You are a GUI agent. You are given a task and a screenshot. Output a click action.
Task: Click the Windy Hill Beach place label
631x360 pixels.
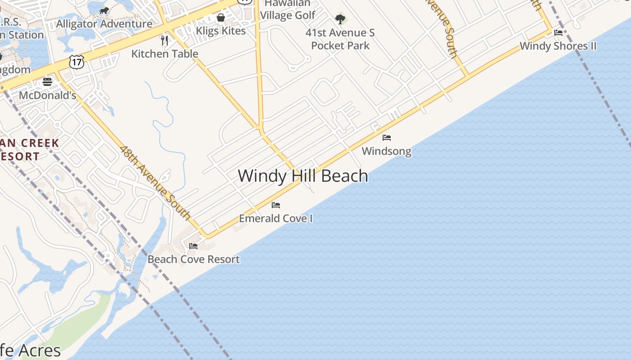tap(303, 175)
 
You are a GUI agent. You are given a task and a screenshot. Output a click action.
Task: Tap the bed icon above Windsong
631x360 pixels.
tap(387, 138)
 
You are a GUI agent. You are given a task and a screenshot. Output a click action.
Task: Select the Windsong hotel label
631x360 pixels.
tap(387, 151)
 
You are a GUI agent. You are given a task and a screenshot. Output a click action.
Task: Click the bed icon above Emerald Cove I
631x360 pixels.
tap(276, 205)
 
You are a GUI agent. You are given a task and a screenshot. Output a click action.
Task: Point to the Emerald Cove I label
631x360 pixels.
tap(276, 219)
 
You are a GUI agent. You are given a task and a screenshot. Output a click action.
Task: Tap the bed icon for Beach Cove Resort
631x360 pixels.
tap(193, 246)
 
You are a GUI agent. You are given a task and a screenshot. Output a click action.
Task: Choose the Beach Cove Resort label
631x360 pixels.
tap(194, 259)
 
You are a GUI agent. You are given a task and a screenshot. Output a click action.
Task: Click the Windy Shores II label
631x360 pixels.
tap(558, 46)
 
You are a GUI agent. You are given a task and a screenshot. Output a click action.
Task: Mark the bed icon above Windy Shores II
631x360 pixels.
tap(558, 32)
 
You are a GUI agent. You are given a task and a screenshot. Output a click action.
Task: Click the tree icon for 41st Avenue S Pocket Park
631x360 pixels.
tap(340, 19)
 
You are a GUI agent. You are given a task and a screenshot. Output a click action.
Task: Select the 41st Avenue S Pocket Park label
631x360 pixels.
tap(340, 39)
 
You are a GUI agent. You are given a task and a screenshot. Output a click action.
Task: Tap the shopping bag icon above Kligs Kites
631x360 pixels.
tap(221, 18)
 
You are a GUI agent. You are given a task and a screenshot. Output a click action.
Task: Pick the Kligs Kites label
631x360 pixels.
tap(221, 31)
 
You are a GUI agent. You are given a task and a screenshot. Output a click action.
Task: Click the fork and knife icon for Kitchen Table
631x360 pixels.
tap(165, 40)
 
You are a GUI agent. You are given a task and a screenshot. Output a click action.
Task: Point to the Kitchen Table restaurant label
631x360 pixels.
tap(165, 54)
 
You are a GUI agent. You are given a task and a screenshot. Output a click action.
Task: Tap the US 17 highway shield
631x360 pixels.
tap(77, 62)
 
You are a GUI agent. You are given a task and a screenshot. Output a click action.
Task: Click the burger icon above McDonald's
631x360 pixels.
tap(47, 82)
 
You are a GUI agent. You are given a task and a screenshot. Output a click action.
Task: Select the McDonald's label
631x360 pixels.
tap(47, 95)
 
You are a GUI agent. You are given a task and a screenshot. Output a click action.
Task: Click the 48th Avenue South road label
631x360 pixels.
tap(155, 183)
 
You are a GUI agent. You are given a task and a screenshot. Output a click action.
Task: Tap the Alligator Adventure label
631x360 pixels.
tap(104, 24)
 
